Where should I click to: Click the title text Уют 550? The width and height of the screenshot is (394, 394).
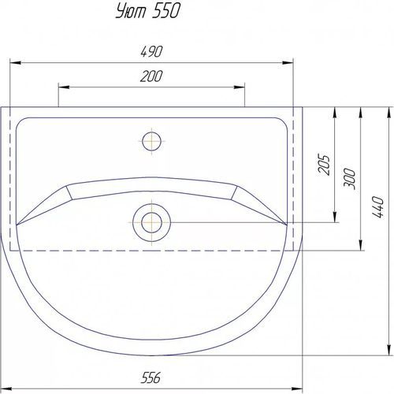(x=148, y=12)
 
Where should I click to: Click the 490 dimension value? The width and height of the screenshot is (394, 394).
(x=151, y=51)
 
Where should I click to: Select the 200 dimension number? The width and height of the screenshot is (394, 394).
(x=151, y=76)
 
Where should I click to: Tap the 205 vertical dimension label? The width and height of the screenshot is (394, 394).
(x=324, y=164)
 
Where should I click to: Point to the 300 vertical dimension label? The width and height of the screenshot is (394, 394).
(x=349, y=179)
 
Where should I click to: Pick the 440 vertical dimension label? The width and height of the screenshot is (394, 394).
(x=378, y=206)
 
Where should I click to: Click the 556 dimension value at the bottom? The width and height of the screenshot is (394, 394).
(x=151, y=378)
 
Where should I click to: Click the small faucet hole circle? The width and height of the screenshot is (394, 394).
(x=151, y=141)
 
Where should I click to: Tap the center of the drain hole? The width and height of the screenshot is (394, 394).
(x=151, y=223)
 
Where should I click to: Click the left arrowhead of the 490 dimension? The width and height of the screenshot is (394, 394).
(x=15, y=63)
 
